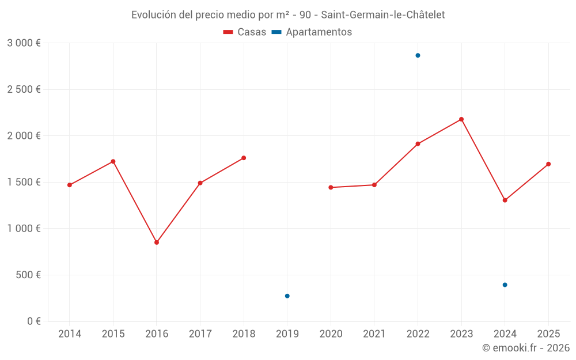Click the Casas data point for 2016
[x=157, y=242]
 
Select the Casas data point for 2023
[x=461, y=119]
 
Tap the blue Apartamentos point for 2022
[x=418, y=55]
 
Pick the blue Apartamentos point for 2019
[x=287, y=296]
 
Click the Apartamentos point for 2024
[x=505, y=285]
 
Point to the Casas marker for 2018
[x=244, y=158]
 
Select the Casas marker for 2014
[x=70, y=185]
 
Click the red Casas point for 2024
[x=505, y=200]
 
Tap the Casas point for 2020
[x=331, y=187]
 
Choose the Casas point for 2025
[x=548, y=164]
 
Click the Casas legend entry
[x=245, y=32]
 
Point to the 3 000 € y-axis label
[x=24, y=43]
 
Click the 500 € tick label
[x=28, y=275]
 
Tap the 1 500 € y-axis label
[x=24, y=182]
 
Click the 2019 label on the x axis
[x=287, y=334]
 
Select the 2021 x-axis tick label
[x=374, y=334]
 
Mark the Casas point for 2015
[x=113, y=161]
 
